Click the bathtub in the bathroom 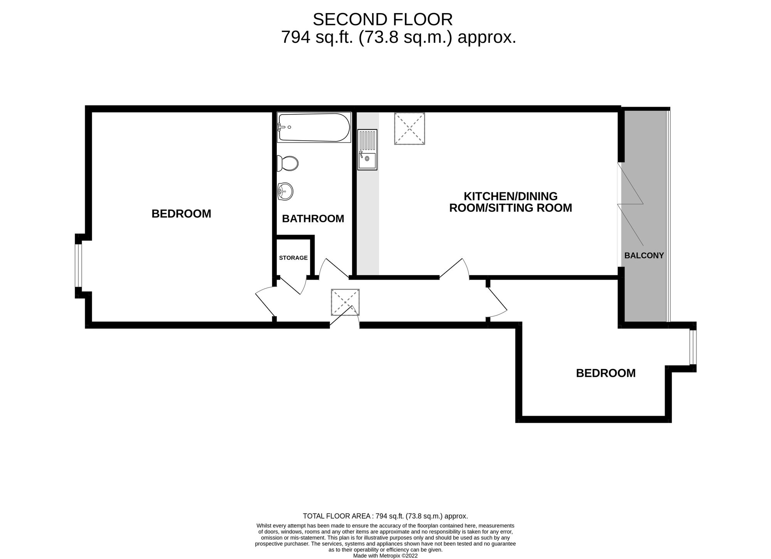(x=314, y=128)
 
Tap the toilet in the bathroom (x=288, y=163)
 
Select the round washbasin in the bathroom (x=285, y=191)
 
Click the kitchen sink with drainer (x=367, y=149)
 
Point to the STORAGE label (x=293, y=258)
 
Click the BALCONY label (x=644, y=255)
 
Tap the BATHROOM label (x=313, y=219)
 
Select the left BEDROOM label (x=181, y=214)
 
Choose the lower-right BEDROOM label (x=606, y=373)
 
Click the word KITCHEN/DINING (x=510, y=196)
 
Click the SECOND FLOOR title (x=382, y=20)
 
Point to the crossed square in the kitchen (x=409, y=129)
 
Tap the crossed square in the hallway (x=345, y=302)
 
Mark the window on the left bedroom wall (x=78, y=265)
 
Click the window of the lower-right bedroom (x=693, y=347)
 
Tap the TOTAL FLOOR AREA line (x=385, y=516)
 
